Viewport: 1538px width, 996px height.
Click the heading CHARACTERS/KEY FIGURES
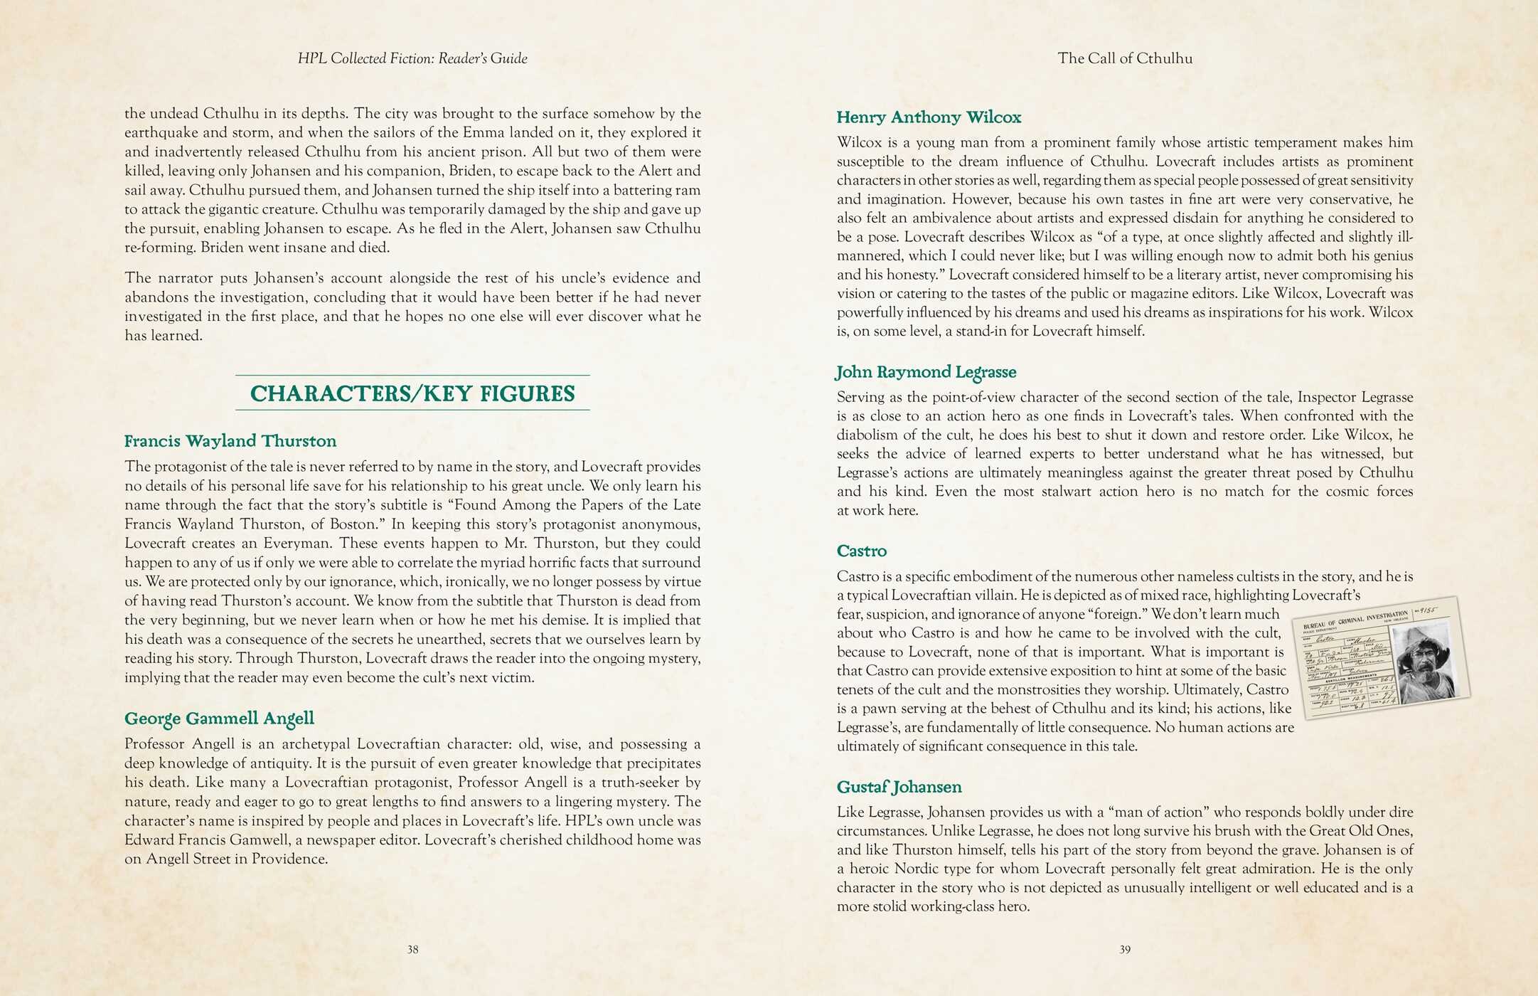(412, 393)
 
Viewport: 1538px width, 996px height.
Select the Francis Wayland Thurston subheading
(230, 441)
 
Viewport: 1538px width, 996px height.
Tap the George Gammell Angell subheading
(219, 719)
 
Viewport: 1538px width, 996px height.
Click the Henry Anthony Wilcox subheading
(929, 117)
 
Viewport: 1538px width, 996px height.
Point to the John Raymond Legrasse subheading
(926, 372)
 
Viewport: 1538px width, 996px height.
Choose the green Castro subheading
(861, 551)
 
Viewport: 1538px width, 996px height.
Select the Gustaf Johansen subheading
(899, 787)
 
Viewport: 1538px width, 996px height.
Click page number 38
(412, 949)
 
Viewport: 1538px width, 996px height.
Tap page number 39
(1125, 949)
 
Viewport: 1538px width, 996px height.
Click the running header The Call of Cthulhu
(1125, 58)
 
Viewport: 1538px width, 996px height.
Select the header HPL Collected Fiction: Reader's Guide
(412, 58)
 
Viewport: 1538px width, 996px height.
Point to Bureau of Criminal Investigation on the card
(1355, 620)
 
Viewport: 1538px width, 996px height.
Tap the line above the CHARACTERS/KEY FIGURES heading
(412, 375)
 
